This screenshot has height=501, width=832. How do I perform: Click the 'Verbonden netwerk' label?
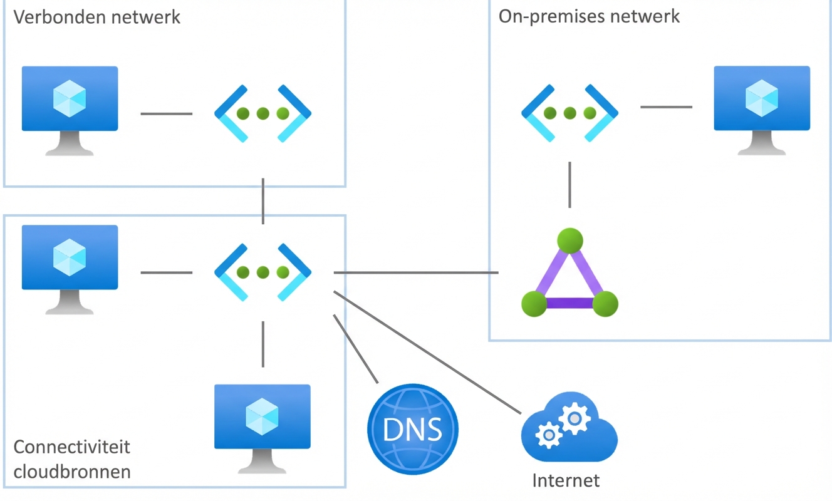click(x=96, y=17)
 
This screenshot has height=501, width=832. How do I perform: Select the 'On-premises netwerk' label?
click(x=589, y=16)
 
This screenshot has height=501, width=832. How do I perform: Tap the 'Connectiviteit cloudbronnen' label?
click(x=72, y=459)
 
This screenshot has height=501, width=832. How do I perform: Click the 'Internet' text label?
click(x=566, y=481)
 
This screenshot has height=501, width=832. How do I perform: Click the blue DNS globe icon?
click(x=412, y=429)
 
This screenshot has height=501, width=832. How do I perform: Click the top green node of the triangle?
click(x=569, y=240)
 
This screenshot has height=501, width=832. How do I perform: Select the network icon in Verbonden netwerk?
click(x=263, y=113)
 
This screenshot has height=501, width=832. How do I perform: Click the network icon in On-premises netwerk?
click(x=569, y=113)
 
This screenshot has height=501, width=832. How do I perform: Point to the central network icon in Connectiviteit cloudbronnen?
click(x=263, y=272)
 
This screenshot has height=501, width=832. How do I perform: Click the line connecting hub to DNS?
click(x=356, y=348)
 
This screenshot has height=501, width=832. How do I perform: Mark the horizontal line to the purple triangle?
click(x=416, y=272)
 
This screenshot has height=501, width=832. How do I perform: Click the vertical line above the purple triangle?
click(x=569, y=185)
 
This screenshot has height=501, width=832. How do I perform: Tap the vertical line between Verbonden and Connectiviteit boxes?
click(x=263, y=200)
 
